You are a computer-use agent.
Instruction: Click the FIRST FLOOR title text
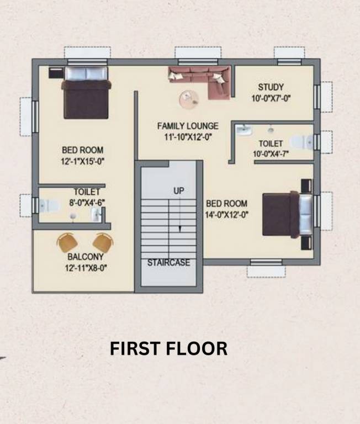point(168,349)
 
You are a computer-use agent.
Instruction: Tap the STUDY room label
point(271,87)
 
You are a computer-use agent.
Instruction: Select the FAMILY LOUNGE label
point(188,126)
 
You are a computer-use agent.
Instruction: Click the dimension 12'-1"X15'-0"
point(83,161)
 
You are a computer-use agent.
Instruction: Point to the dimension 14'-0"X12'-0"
point(226,215)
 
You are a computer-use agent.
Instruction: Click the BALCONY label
point(86,257)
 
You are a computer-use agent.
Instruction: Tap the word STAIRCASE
point(168,263)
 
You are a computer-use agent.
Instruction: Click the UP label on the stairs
point(179,190)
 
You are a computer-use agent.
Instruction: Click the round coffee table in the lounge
point(189,99)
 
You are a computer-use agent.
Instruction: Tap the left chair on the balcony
point(67,242)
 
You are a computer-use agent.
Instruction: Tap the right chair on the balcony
point(103,242)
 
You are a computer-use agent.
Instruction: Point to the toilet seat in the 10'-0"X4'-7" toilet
point(300,142)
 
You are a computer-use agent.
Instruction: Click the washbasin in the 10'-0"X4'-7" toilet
point(243,130)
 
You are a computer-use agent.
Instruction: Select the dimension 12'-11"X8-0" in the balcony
point(85,268)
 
